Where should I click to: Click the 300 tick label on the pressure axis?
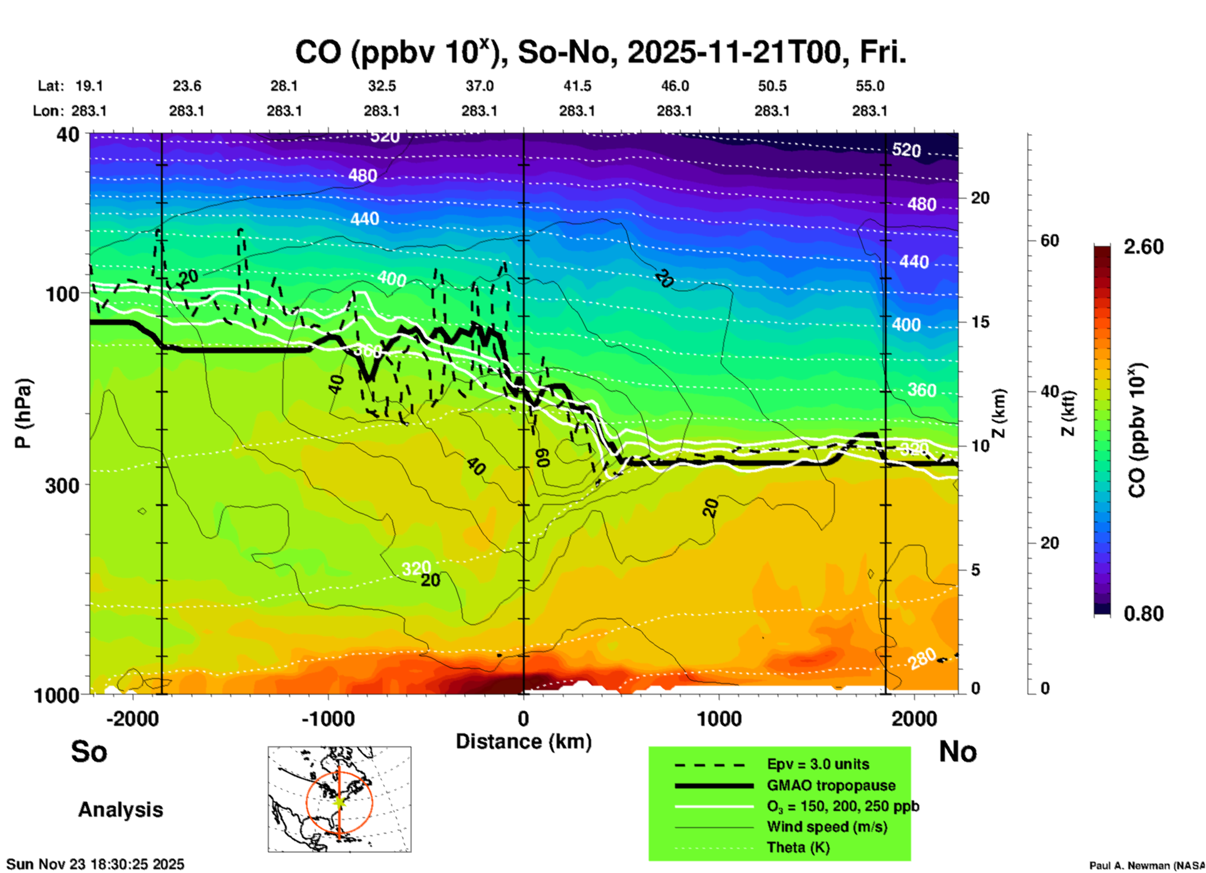click(x=62, y=485)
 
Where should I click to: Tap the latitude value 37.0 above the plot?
click(x=479, y=86)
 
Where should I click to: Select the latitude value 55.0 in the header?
click(x=869, y=86)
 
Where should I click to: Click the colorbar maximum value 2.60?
click(x=1143, y=247)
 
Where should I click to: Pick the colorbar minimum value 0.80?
click(x=1143, y=614)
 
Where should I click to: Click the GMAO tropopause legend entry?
click(x=831, y=785)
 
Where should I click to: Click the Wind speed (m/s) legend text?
click(x=827, y=827)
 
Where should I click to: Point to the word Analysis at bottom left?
click(x=120, y=809)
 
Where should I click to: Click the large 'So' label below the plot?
click(x=89, y=751)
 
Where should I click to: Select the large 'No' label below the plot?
click(x=957, y=751)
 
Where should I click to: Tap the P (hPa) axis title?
click(x=23, y=413)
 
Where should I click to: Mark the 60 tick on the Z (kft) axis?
click(x=1049, y=240)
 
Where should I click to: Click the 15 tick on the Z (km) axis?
click(x=980, y=322)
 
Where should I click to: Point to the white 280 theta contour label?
click(x=923, y=659)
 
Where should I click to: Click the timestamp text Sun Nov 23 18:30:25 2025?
click(x=95, y=864)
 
